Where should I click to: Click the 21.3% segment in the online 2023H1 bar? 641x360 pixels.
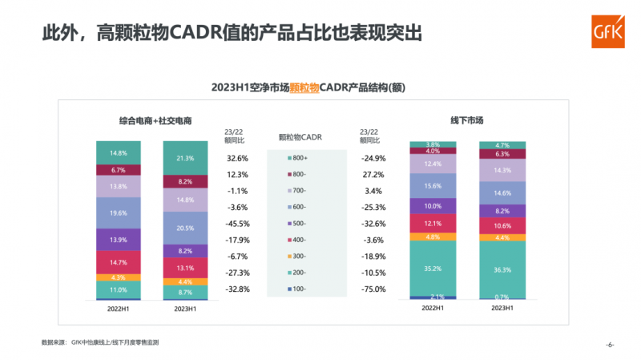click(184, 159)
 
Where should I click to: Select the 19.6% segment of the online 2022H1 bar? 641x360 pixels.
click(118, 213)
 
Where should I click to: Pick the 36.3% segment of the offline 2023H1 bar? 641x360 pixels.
click(502, 269)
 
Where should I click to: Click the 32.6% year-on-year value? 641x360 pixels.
click(237, 159)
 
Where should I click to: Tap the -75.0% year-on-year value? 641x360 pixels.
click(373, 289)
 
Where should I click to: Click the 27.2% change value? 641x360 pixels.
click(373, 175)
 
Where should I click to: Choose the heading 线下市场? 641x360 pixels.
click(466, 120)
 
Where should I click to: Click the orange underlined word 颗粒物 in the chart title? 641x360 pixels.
click(304, 87)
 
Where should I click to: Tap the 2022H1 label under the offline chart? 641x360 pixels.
click(433, 308)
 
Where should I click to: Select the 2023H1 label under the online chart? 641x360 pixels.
click(184, 308)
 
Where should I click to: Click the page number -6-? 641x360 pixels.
click(609, 346)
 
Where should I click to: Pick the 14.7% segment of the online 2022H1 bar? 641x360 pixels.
click(118, 262)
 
